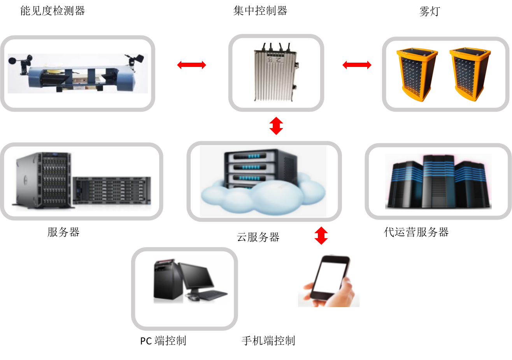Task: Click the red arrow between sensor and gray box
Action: click(x=191, y=65)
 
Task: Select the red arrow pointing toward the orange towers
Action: click(x=357, y=65)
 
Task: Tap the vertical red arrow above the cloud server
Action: click(x=276, y=126)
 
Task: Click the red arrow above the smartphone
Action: click(x=321, y=235)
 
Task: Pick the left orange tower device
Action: click(x=417, y=74)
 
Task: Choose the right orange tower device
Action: click(x=469, y=74)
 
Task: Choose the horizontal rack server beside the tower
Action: click(x=112, y=191)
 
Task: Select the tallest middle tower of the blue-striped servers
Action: click(x=438, y=181)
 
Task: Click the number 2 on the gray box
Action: click(x=279, y=60)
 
